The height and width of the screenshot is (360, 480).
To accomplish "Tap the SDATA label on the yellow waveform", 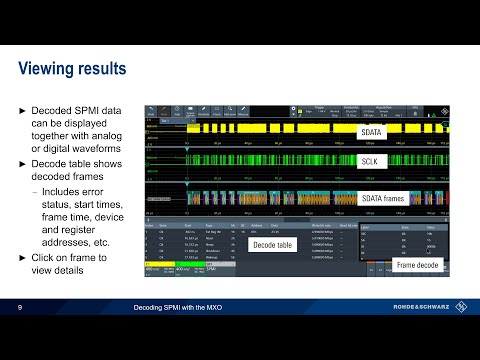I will click(371, 131).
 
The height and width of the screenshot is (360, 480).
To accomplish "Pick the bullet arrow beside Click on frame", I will click(23, 258).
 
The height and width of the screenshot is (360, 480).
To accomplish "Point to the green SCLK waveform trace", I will click(250, 160).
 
